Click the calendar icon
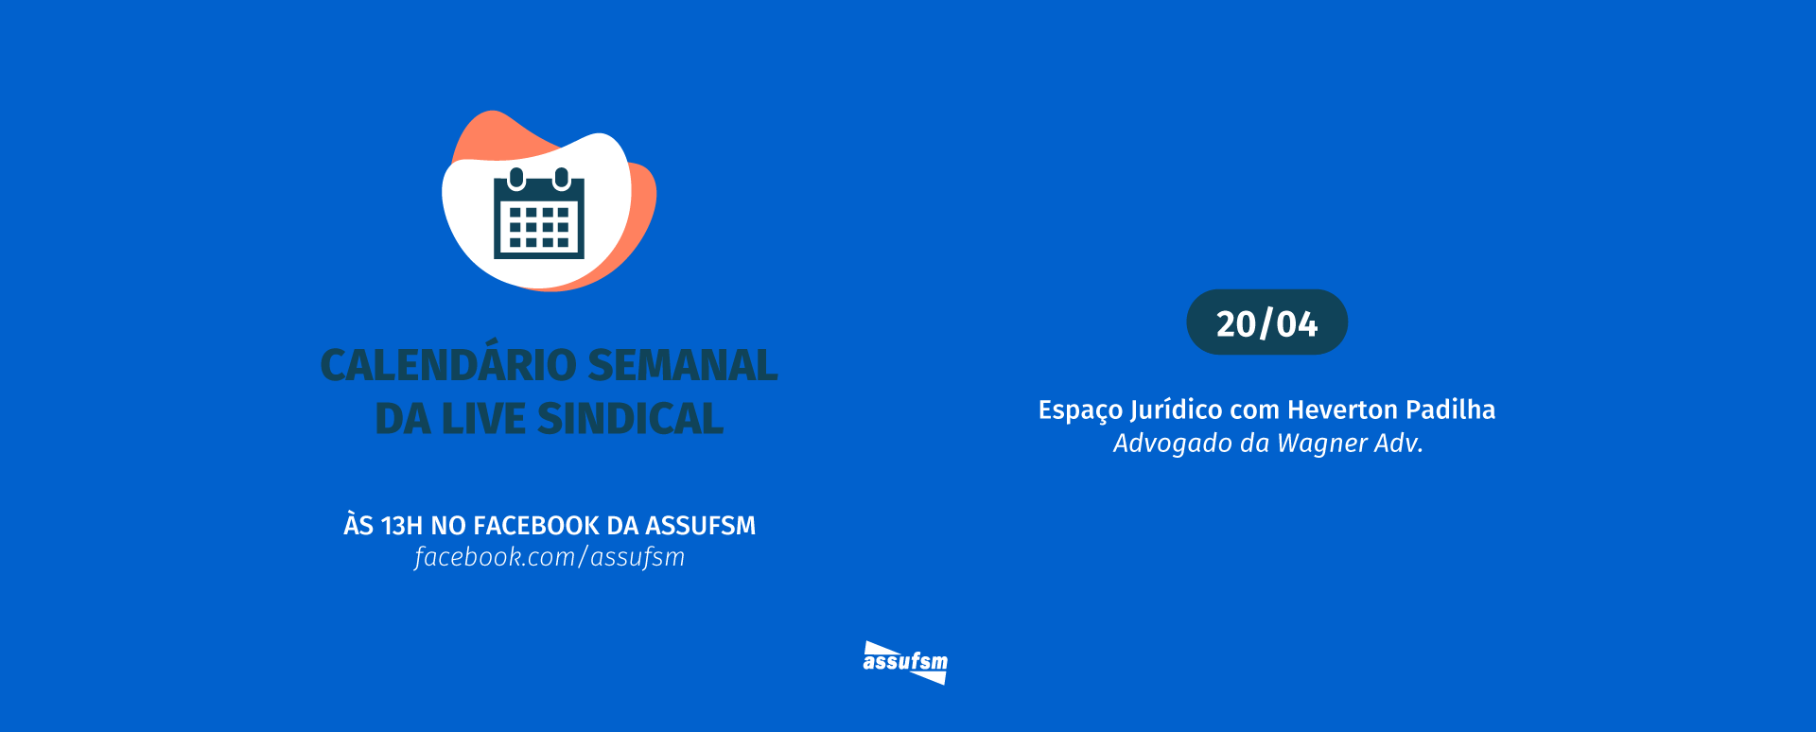[539, 216]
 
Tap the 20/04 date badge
[1266, 323]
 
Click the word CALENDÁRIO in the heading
[448, 366]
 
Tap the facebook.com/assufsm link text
[550, 557]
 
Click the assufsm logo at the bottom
[905, 662]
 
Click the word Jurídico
[1177, 410]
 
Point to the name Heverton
[1342, 410]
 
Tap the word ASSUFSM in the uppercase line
[700, 526]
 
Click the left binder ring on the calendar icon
[516, 177]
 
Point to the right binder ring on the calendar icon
[562, 177]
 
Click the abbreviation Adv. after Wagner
[1400, 444]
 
